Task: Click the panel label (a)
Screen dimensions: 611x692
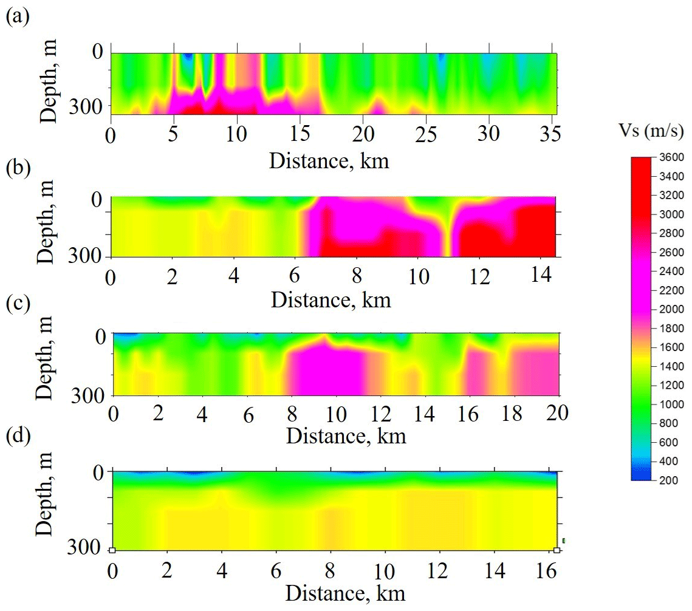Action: [x=16, y=18]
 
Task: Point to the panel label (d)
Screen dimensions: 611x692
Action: [x=16, y=438]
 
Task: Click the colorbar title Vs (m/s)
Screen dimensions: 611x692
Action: [x=650, y=131]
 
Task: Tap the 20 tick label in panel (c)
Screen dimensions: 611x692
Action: [x=558, y=414]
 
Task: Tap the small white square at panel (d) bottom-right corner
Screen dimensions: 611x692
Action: [x=557, y=550]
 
